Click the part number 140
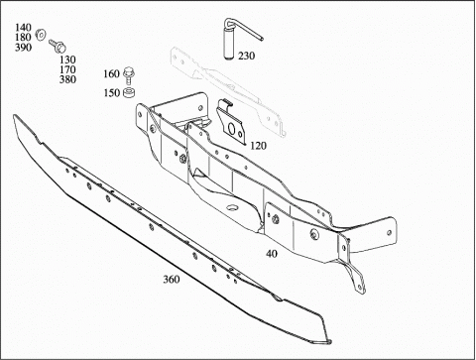coord(23,27)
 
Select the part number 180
coord(23,37)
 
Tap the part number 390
coord(23,48)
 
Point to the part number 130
coord(67,60)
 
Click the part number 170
coord(67,69)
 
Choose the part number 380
coord(67,79)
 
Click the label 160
coord(111,73)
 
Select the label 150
coord(111,93)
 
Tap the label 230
coord(247,56)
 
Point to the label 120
coord(258,146)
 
